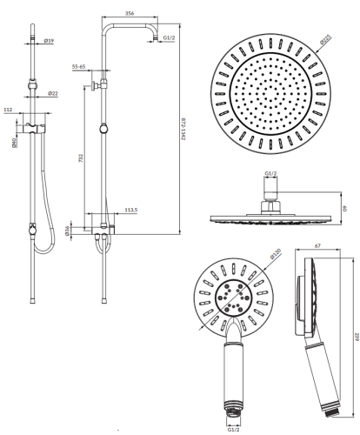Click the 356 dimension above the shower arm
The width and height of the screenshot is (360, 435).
tap(130, 13)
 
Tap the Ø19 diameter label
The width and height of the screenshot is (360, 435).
tap(49, 41)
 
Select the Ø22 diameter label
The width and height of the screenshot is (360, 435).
tap(53, 93)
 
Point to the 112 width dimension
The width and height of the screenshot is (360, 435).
tap(8, 110)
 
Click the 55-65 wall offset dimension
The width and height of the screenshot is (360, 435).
tap(78, 67)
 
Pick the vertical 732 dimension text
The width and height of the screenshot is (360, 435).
tap(81, 158)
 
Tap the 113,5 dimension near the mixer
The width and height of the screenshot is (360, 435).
tap(131, 210)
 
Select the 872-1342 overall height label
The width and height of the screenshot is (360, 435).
tap(183, 129)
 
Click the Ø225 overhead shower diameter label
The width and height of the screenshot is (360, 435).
tap(325, 39)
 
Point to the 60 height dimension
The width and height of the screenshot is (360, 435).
tap(344, 208)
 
